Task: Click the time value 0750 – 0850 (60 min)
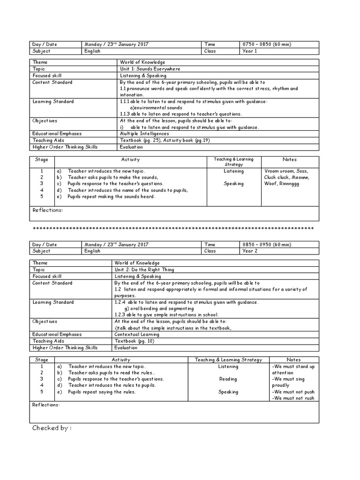pyautogui.click(x=267, y=44)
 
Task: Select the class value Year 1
pyautogui.click(x=249, y=51)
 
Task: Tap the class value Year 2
pyautogui.click(x=249, y=251)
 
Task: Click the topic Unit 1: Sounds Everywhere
pyautogui.click(x=150, y=68)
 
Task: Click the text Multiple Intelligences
pyautogui.click(x=144, y=134)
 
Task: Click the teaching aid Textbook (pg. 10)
pyautogui.click(x=131, y=341)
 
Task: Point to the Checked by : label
pyautogui.click(x=52, y=428)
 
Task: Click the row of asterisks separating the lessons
pyautogui.click(x=173, y=229)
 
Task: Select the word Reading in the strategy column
pyautogui.click(x=228, y=379)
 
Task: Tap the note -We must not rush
pyautogui.click(x=293, y=398)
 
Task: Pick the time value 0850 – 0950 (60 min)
pyautogui.click(x=267, y=245)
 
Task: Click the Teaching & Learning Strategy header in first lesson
pyautogui.click(x=233, y=162)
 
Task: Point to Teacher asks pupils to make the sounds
pyautogui.click(x=113, y=178)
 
